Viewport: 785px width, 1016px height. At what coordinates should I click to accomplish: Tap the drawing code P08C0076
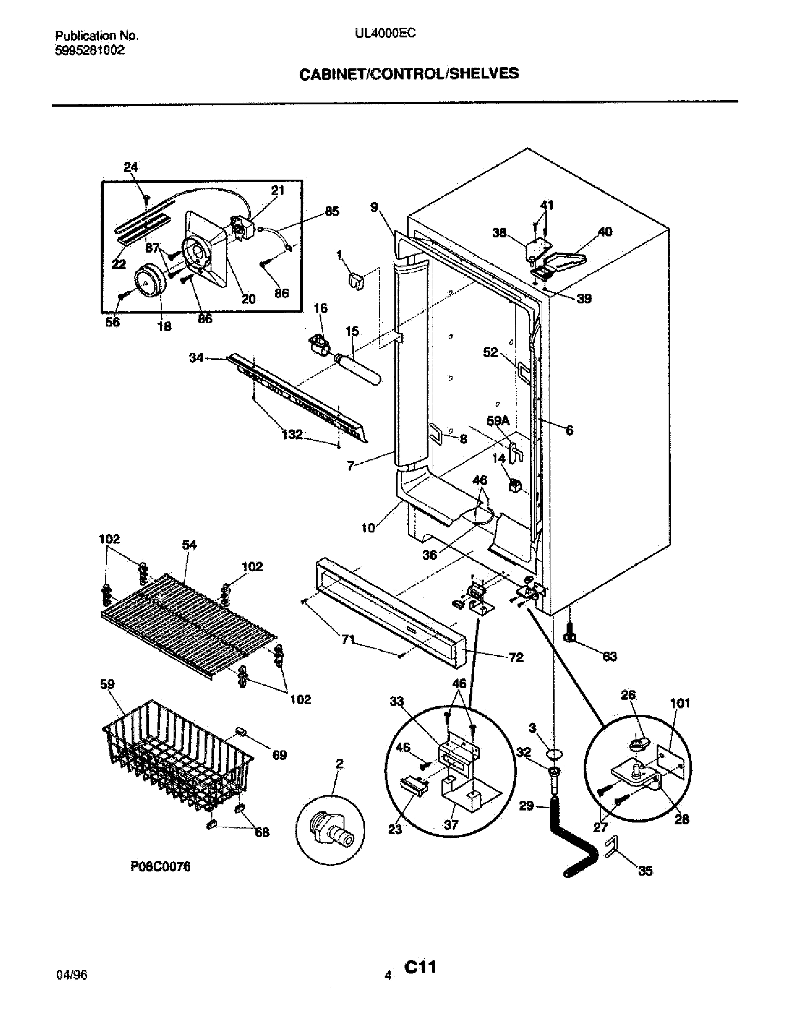click(x=160, y=866)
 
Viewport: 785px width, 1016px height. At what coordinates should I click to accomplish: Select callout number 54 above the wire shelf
click(x=189, y=545)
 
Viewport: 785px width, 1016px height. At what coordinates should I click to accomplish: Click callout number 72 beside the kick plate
click(x=516, y=657)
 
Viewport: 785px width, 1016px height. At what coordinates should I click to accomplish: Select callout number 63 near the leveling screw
click(x=610, y=656)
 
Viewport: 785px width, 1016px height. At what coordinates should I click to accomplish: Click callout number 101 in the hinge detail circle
click(x=680, y=703)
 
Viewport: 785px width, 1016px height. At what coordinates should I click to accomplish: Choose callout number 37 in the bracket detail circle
click(x=451, y=825)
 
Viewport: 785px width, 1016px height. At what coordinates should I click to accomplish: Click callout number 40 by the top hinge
click(x=604, y=232)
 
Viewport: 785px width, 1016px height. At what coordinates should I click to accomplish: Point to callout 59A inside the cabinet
click(x=498, y=421)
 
